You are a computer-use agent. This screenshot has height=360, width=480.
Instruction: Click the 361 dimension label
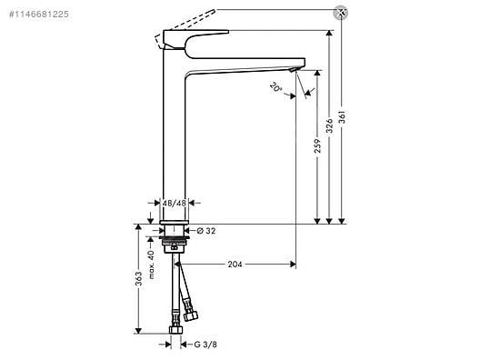pyautogui.click(x=342, y=117)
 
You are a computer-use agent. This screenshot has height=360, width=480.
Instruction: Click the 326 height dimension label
pyautogui.click(x=329, y=125)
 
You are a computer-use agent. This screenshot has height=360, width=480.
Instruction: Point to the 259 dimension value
pyautogui.click(x=318, y=145)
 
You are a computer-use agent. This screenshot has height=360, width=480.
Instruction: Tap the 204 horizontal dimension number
pyautogui.click(x=235, y=265)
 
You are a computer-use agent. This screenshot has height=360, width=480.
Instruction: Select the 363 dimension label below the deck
pyautogui.click(x=139, y=279)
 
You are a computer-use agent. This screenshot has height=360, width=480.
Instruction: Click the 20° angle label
pyautogui.click(x=275, y=87)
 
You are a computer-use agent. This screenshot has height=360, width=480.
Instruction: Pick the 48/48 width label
pyautogui.click(x=174, y=203)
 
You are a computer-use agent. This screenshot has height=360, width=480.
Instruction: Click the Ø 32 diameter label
pyautogui.click(x=206, y=231)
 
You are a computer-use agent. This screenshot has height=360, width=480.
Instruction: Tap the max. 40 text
pyautogui.click(x=152, y=265)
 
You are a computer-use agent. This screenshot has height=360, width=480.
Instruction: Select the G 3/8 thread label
pyautogui.click(x=205, y=345)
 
